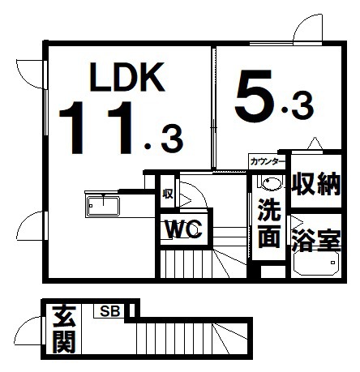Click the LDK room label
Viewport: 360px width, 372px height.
click(x=127, y=77)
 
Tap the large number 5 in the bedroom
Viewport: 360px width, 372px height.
click(x=253, y=96)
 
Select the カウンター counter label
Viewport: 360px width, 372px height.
click(x=268, y=161)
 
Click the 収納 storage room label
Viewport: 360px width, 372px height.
click(x=315, y=183)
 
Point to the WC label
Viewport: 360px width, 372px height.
click(x=184, y=229)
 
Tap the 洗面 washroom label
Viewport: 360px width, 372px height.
click(x=269, y=224)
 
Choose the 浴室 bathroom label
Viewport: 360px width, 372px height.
click(x=316, y=240)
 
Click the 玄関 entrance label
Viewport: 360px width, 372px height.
click(x=64, y=329)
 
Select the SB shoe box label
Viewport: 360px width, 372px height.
click(x=109, y=311)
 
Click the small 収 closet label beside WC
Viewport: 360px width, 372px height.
click(x=168, y=194)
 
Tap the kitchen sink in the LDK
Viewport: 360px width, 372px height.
click(x=103, y=206)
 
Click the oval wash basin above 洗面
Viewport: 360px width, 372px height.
click(x=272, y=184)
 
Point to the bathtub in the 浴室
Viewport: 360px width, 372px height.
click(x=317, y=263)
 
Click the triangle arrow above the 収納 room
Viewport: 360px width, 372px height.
click(x=315, y=143)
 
